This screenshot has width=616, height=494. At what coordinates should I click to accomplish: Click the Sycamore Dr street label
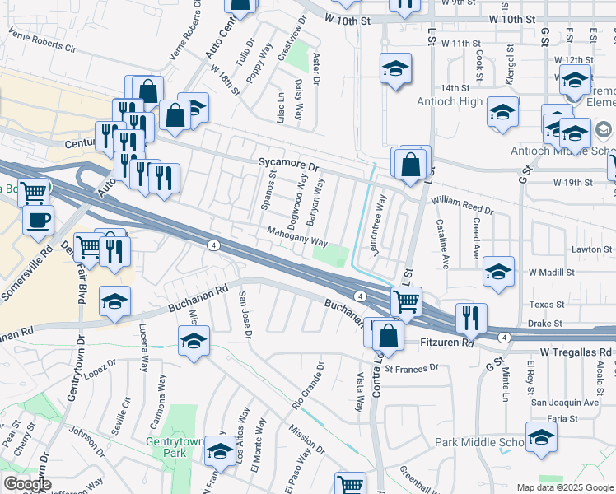point(288,165)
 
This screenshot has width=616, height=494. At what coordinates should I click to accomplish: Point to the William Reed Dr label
point(462,205)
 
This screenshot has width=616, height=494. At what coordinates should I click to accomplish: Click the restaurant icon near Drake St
point(470,318)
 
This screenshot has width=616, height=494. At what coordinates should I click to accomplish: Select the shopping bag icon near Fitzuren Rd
point(389,334)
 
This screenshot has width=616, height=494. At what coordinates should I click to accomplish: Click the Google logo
point(27,484)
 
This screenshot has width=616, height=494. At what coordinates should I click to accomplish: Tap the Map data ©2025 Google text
point(565,487)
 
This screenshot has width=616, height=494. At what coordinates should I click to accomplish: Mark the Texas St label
point(546,304)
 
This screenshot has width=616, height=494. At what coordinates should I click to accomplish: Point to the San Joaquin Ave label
point(564,403)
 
